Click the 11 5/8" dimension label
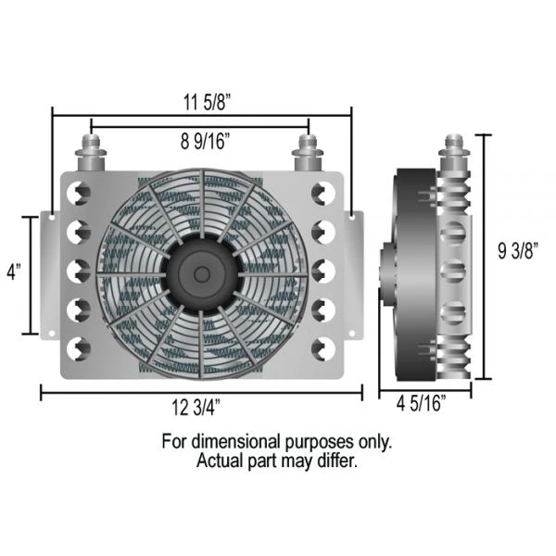201,101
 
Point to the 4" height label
13,275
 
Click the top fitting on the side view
455,152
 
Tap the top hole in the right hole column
322,194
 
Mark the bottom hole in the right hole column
322,349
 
